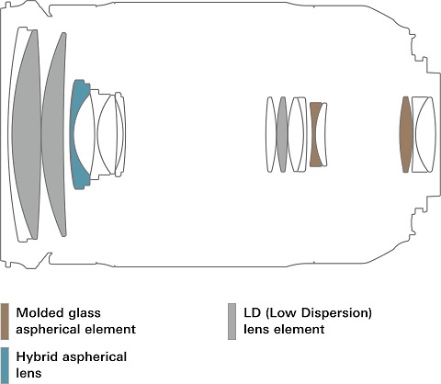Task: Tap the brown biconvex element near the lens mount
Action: coord(406,135)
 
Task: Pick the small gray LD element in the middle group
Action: coord(282,135)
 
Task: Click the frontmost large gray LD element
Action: coord(27,135)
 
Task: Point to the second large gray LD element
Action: coord(54,135)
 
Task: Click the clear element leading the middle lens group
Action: coord(270,135)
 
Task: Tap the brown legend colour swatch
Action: coord(5,322)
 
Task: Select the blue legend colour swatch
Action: coord(5,365)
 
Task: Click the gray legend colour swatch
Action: coord(232,322)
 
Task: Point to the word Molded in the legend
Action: coord(37,313)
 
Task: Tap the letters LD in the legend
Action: coord(252,313)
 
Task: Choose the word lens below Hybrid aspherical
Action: coord(28,373)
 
